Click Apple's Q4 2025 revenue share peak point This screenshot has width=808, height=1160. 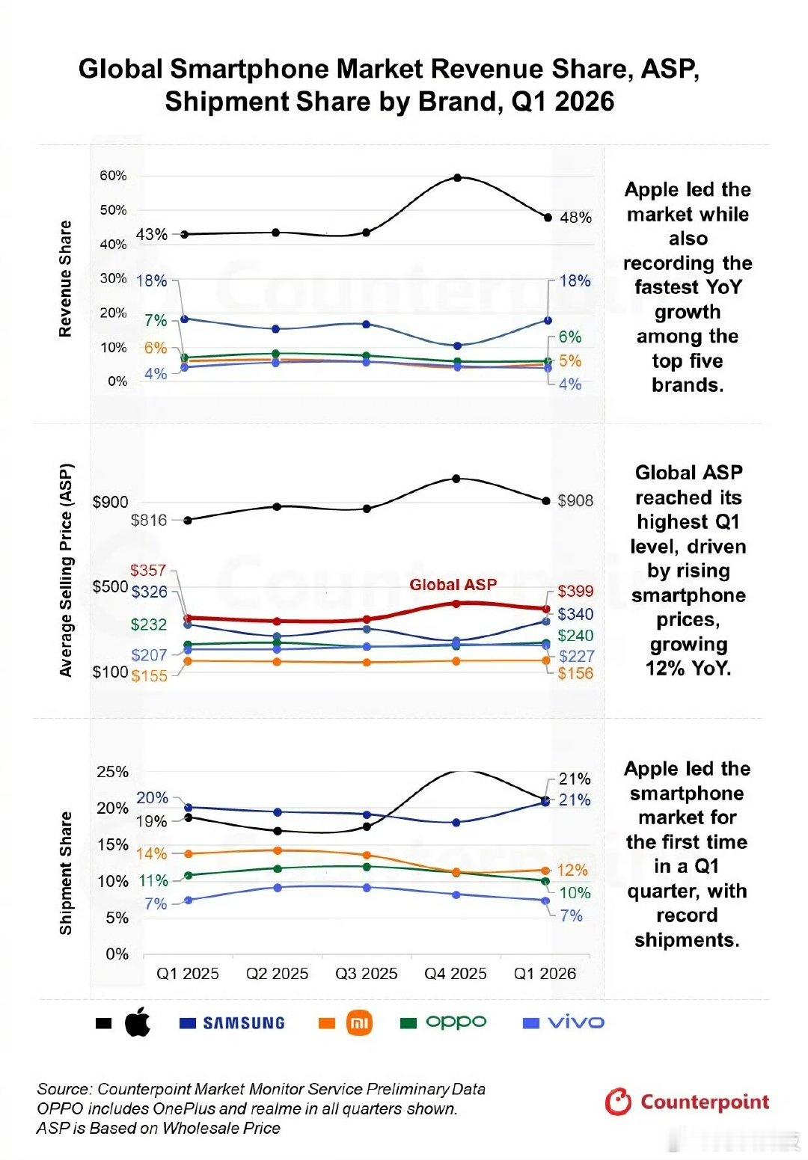tap(457, 177)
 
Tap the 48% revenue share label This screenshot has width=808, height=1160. tap(575, 218)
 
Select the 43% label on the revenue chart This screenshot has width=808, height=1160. tap(152, 235)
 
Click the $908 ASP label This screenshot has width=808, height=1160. tap(575, 501)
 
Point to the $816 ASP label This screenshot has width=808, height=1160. tap(149, 520)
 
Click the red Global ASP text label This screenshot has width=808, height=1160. tap(453, 585)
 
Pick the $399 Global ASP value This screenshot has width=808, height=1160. tap(575, 591)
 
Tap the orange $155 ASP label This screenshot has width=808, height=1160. tap(149, 676)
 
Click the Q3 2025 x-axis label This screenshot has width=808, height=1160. tap(366, 974)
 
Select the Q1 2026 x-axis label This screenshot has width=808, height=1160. tap(545, 974)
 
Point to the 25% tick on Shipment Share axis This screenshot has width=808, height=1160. tap(112, 772)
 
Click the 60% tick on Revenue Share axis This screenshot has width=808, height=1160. tap(114, 176)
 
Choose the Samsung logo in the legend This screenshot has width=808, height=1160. tap(243, 1022)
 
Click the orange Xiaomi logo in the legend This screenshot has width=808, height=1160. tap(359, 1023)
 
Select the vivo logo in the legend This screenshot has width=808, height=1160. tap(575, 1022)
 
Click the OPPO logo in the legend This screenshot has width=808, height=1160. tap(456, 1022)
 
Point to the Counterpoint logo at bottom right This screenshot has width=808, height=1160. tap(687, 1102)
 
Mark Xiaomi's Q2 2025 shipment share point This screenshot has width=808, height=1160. tap(277, 850)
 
